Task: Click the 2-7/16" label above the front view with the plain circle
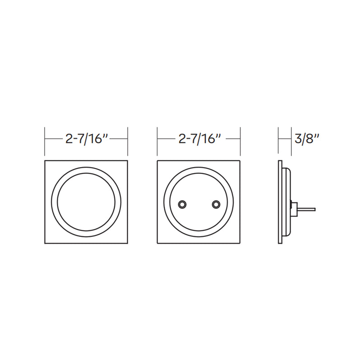(x=86, y=139)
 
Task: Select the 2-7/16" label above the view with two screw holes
(x=199, y=139)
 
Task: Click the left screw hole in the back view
(x=181, y=204)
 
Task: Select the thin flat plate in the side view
(x=280, y=202)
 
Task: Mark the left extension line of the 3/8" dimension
(x=278, y=141)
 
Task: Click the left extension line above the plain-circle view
(x=45, y=141)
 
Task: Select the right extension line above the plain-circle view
(x=128, y=141)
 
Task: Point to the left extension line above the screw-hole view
(x=157, y=141)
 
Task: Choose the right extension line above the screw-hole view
(x=240, y=141)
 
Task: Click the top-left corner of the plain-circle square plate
(x=45, y=161)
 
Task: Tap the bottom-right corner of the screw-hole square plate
(x=240, y=244)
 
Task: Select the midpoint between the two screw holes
(x=199, y=204)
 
